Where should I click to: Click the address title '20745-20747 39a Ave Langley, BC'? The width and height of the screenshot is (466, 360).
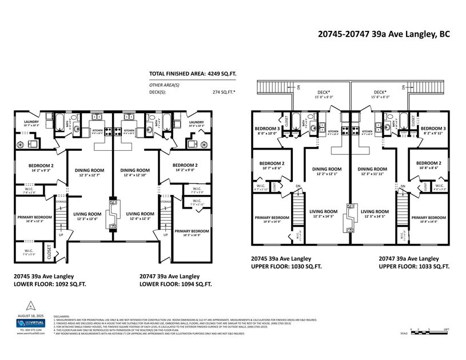pyautogui.click(x=383, y=34)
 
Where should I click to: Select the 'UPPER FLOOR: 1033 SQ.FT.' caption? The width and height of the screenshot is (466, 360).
pyautogui.click(x=414, y=267)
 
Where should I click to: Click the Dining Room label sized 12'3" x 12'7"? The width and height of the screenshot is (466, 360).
pyautogui.click(x=89, y=173)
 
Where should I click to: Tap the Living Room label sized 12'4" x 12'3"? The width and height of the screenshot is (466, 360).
pyautogui.click(x=135, y=216)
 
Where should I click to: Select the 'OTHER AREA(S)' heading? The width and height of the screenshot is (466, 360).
pyautogui.click(x=164, y=85)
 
